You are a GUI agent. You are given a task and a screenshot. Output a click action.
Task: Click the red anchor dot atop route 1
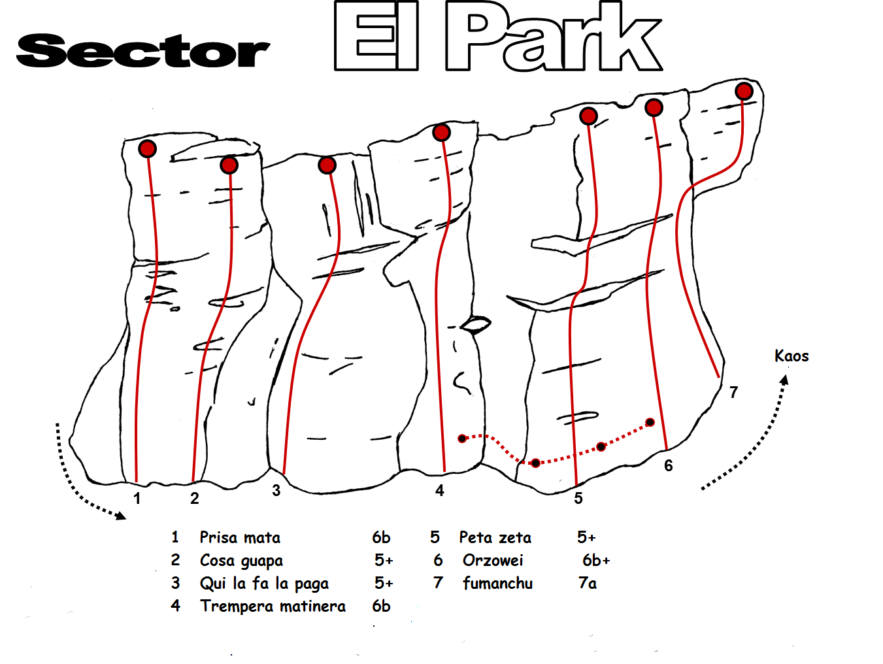148,149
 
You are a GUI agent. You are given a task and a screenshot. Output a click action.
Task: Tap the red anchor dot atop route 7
744,91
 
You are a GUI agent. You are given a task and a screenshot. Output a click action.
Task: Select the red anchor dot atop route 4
442,133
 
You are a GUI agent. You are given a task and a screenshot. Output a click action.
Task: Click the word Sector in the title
143,51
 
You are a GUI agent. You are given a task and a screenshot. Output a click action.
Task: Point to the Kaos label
791,356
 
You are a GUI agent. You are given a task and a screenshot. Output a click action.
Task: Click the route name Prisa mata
240,538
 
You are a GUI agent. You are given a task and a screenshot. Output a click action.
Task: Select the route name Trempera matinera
273,606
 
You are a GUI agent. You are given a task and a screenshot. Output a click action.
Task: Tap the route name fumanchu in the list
497,583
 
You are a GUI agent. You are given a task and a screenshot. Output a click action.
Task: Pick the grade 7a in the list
588,583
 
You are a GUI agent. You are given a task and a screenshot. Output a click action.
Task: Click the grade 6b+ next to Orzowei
596,561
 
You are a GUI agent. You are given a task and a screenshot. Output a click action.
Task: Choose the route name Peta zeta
495,538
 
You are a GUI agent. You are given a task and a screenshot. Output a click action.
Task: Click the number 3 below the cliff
276,491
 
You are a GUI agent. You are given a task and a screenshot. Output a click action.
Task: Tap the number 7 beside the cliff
733,393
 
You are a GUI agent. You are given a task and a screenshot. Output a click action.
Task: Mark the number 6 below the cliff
668,466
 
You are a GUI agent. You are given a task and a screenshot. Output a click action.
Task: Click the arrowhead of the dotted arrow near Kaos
784,379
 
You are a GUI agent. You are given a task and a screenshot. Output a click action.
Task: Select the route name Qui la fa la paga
264,584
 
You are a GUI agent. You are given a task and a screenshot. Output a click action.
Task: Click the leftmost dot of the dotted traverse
462,439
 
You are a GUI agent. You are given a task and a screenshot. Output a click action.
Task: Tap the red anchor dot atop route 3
327,165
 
